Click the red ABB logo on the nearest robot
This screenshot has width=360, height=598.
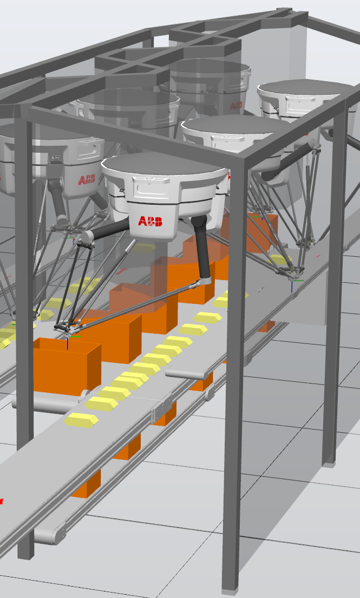(150, 221)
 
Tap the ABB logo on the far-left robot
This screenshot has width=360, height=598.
(87, 180)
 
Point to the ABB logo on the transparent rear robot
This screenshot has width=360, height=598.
(237, 105)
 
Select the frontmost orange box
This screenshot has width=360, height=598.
(67, 366)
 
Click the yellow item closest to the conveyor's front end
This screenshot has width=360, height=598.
(81, 419)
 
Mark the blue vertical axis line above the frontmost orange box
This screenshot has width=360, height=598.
(68, 343)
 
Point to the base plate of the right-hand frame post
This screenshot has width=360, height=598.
(329, 464)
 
